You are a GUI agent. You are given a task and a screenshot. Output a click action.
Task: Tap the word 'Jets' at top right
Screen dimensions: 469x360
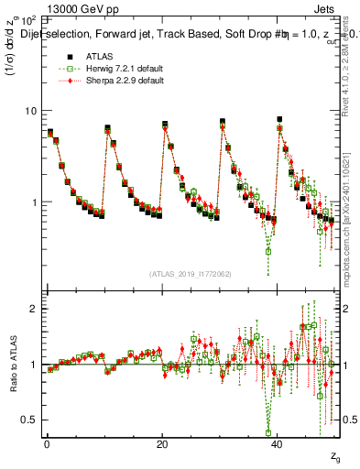tap(327, 6)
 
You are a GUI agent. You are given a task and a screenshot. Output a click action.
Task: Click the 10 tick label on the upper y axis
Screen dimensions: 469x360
tap(29, 111)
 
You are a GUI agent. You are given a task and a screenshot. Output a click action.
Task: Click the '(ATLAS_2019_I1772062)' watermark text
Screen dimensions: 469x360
tap(191, 273)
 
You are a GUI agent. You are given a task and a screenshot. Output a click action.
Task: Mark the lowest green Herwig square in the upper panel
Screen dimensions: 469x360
tap(268, 250)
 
